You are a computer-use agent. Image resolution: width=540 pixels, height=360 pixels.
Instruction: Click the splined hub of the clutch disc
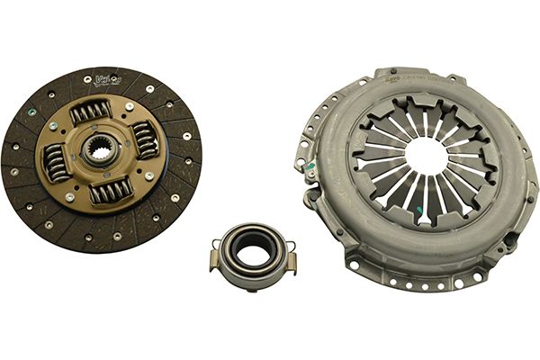click(x=100, y=150)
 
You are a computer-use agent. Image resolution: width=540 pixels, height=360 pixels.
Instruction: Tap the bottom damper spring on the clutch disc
click(x=110, y=190)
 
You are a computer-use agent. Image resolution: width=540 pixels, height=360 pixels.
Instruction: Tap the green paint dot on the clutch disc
click(x=31, y=112)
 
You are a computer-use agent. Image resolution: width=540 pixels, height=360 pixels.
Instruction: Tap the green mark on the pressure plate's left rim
click(x=309, y=167)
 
